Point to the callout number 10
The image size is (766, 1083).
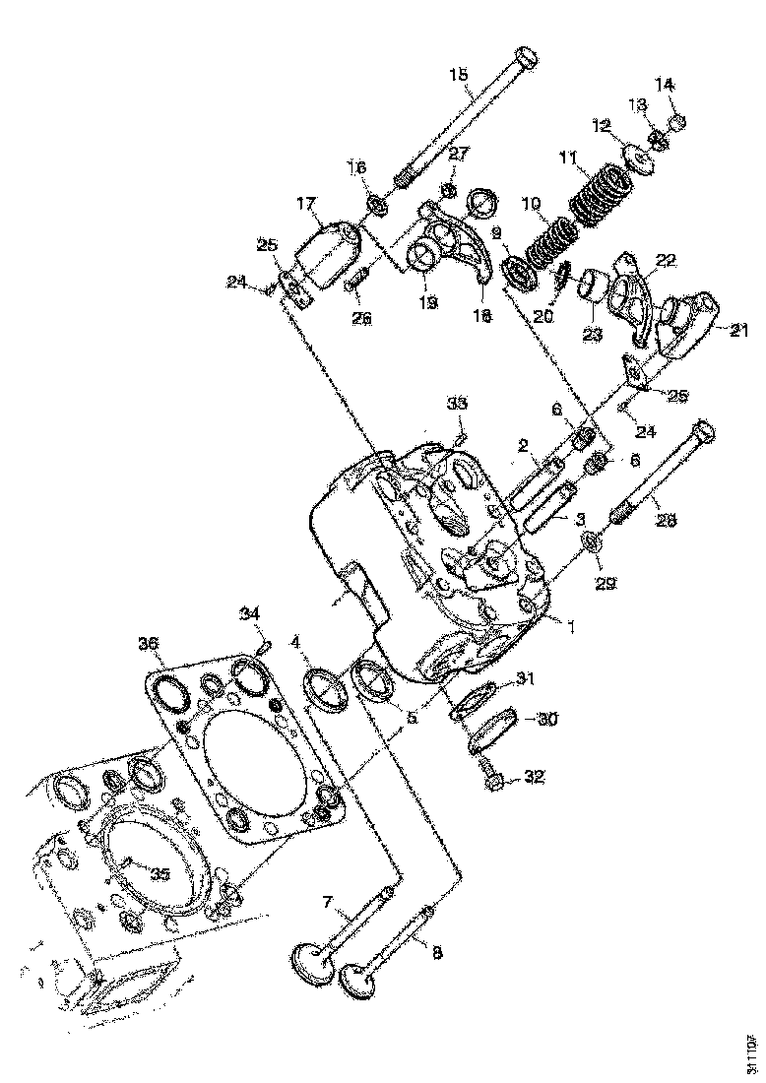click(x=532, y=203)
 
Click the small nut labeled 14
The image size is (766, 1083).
click(x=678, y=123)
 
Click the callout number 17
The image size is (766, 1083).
click(x=304, y=204)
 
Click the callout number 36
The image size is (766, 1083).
click(x=149, y=646)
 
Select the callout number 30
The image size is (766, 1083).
click(x=546, y=719)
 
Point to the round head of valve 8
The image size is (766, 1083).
click(x=358, y=981)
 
